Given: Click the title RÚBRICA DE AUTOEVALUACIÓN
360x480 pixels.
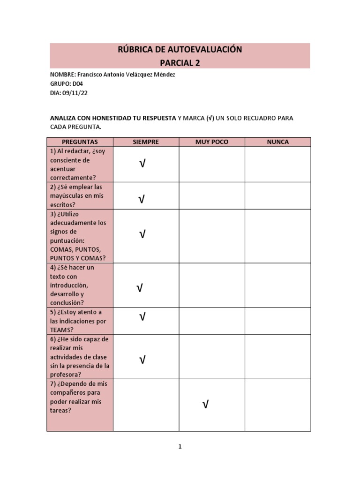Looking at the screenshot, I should pos(180,50).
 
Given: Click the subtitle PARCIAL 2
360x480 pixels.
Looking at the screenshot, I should pos(180,63).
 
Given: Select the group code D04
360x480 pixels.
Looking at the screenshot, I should pos(77,83).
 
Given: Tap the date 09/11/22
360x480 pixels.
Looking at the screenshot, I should pos(75,93).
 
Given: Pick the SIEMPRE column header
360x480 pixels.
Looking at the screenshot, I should pos(146,142).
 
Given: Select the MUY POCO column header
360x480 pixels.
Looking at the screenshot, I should pos(211,142).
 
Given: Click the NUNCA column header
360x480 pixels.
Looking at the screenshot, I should pos(277,142).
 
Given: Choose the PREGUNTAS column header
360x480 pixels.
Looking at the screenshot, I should pos(80,142).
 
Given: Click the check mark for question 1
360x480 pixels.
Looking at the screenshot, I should pos(142,164).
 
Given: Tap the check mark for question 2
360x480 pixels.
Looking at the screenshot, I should pos(141,200).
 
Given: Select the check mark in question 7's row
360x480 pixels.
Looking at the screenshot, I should pos(205,405).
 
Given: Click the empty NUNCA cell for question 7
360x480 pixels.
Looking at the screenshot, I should pos(277,405).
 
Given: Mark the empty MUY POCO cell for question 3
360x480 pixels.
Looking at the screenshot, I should pos(211,236).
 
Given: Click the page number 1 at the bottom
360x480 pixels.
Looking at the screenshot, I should pos(180,447).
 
